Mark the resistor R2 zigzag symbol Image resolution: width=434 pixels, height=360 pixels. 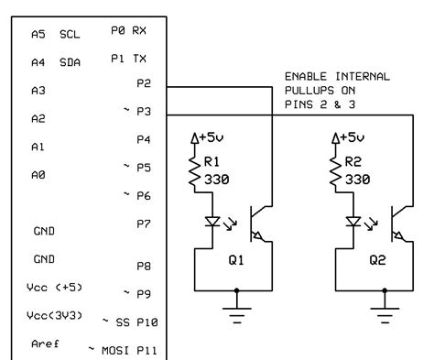click(337, 171)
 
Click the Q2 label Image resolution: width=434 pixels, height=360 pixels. click(380, 258)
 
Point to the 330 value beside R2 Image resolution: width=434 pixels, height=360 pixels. click(358, 180)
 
